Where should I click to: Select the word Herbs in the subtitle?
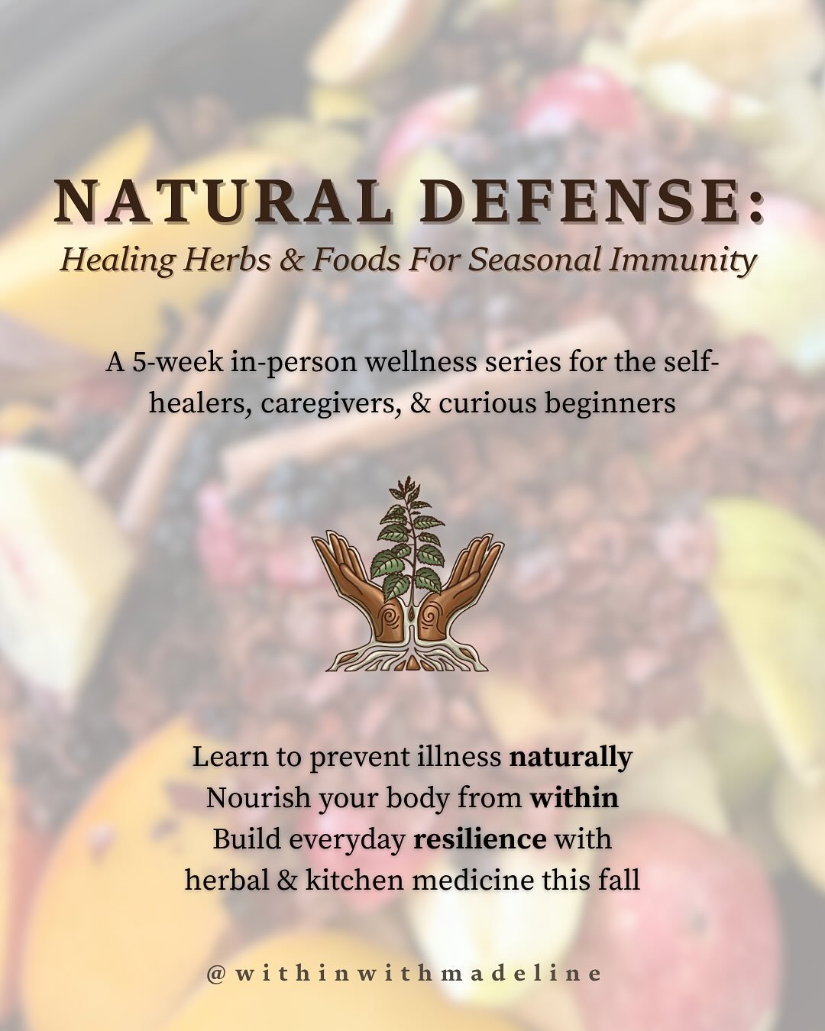pos(225,260)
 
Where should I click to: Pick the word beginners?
pos(610,402)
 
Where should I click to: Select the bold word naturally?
pos(571,758)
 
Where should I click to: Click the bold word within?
pos(574,798)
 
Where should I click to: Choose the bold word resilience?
pos(480,839)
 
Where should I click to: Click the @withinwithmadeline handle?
pos(404,974)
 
